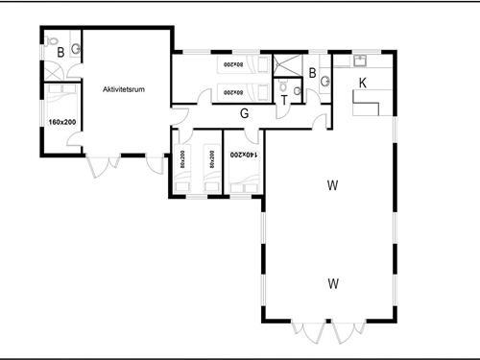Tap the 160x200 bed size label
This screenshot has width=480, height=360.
coord(60,122)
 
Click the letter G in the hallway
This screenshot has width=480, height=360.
coord(244,114)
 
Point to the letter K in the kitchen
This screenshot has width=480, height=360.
coord(362,83)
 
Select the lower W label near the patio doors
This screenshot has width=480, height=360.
coord(332,283)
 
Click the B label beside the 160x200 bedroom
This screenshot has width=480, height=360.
coord(60,52)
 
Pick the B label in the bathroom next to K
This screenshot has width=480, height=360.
coord(312,73)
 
